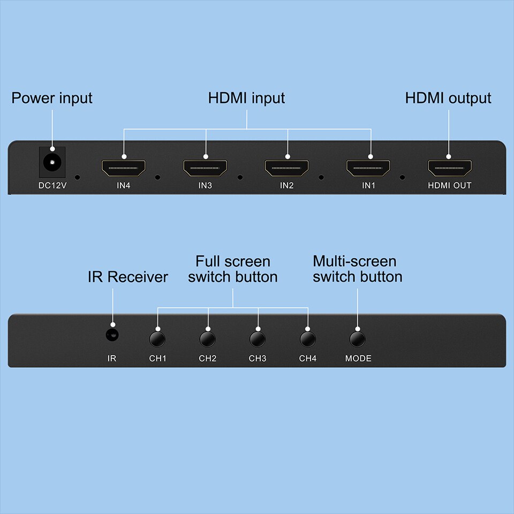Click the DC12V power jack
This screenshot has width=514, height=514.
pos(52,161)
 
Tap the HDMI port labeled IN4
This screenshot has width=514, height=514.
pos(124,168)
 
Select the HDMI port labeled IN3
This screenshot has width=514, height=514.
pos(205,168)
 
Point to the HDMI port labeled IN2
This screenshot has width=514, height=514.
pos(287,168)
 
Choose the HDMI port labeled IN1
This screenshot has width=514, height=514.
pos(368,168)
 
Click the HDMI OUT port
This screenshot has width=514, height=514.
pos(449,168)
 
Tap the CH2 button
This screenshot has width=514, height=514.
pos(207,339)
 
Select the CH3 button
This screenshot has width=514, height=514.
pos(258,339)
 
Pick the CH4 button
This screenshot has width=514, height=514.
pos(308,339)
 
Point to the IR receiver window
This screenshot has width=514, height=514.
pos(112,335)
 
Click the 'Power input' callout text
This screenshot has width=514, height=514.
pos(52,99)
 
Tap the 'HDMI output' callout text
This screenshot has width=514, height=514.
pos(448,99)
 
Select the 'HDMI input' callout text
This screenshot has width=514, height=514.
pos(246,99)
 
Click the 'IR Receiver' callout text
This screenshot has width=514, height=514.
pos(128,277)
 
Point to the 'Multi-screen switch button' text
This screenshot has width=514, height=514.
pos(357,269)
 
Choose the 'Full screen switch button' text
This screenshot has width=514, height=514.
pos(233,269)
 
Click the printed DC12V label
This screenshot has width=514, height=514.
pos(52,186)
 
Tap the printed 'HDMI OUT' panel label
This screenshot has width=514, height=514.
pos(449,186)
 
